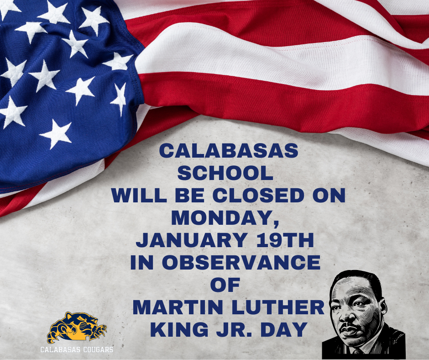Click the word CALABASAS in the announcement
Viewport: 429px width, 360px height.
point(228,152)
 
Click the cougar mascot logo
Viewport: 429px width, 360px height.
point(76,327)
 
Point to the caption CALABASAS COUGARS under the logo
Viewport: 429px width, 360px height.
point(77,350)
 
